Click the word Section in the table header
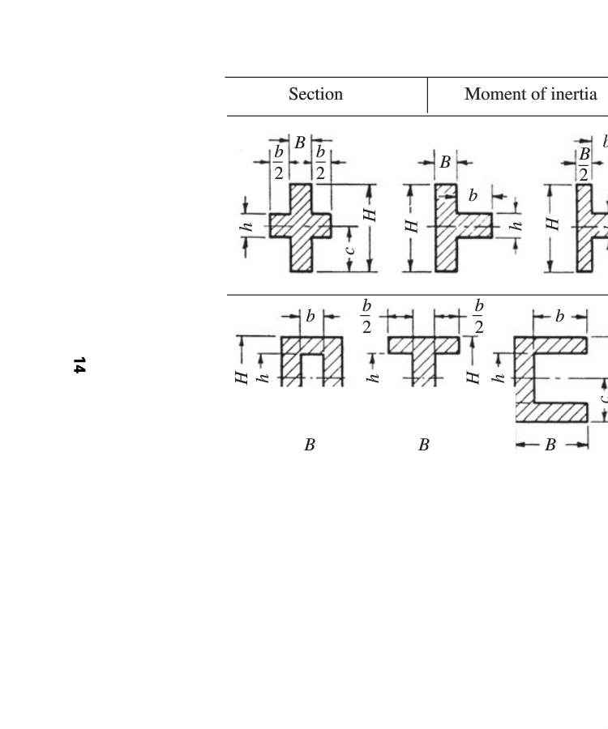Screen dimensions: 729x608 tap(315, 94)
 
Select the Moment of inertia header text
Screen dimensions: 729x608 tap(530, 94)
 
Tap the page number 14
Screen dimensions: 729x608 tap(79, 365)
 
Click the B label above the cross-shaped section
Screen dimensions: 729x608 tap(300, 143)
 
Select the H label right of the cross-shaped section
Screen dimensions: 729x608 tap(370, 215)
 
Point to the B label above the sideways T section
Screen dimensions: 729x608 tap(445, 163)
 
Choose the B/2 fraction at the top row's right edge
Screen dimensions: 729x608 tap(584, 163)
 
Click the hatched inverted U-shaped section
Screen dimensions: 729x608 tap(312, 356)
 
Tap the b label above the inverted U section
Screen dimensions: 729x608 tap(310, 316)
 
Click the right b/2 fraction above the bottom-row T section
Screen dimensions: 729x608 tap(479, 316)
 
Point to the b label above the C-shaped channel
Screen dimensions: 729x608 tap(559, 316)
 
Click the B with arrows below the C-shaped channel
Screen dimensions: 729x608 tap(550, 445)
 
